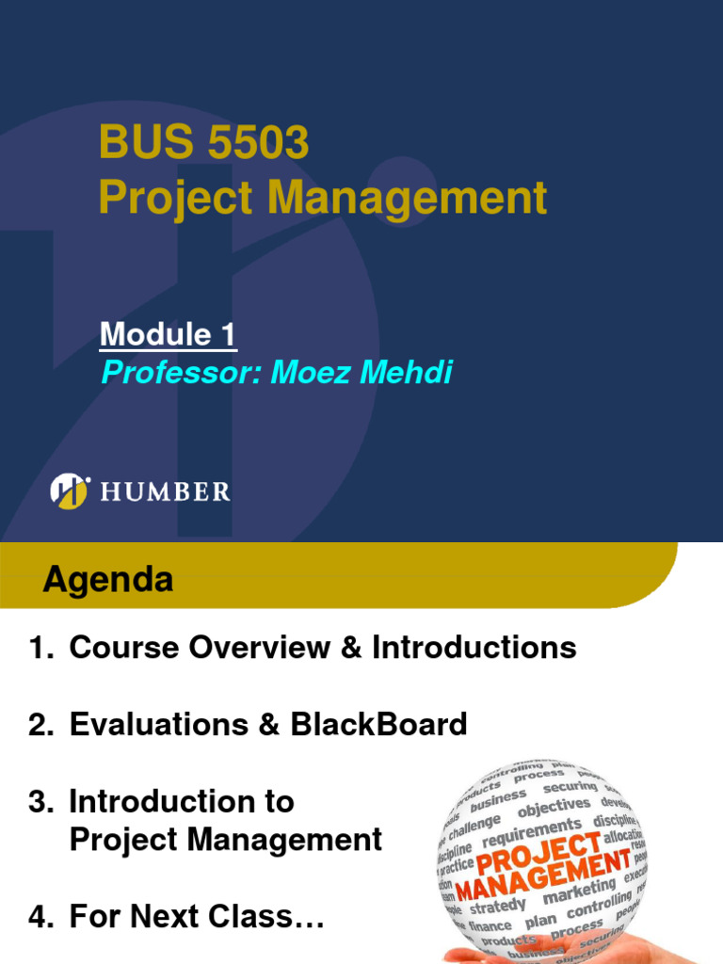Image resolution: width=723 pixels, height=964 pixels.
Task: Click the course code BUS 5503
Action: click(x=203, y=144)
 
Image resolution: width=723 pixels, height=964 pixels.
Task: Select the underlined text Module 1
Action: click(x=169, y=334)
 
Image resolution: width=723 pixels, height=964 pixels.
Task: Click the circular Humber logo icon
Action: click(x=70, y=490)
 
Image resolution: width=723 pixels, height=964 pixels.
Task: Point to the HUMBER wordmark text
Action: click(x=165, y=491)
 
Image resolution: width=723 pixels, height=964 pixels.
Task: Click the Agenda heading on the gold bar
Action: click(x=107, y=580)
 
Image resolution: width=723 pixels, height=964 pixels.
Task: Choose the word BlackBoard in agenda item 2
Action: click(x=378, y=725)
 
